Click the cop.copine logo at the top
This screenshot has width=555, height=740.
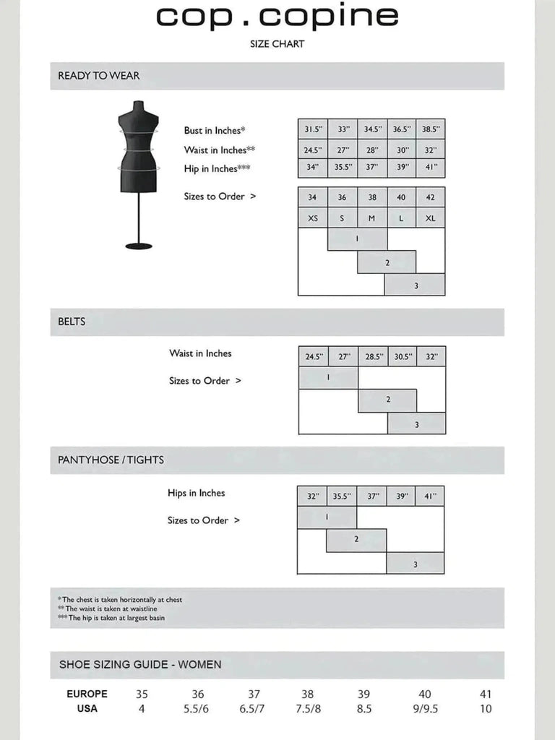point(277,17)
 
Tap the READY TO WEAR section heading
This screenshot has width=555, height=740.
point(99,76)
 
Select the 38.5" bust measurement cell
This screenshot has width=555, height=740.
point(430,129)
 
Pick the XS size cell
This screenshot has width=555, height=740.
point(312,218)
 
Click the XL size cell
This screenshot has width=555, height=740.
point(430,218)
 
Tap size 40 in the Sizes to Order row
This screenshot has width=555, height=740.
point(401,197)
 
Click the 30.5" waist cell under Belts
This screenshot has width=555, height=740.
point(402,357)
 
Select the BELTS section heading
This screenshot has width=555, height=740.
point(72,322)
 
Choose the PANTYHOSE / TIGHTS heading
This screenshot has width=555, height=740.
point(111,460)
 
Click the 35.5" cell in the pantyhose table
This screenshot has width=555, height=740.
point(341,496)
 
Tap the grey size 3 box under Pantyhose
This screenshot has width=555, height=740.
point(415,564)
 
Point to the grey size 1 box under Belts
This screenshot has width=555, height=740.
point(328,378)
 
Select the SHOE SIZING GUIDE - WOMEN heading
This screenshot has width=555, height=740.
point(140,664)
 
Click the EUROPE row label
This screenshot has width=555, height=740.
point(87,694)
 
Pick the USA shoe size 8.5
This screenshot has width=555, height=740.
point(363,709)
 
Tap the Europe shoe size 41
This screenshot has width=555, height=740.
point(486,694)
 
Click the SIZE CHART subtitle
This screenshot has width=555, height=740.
point(277,44)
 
